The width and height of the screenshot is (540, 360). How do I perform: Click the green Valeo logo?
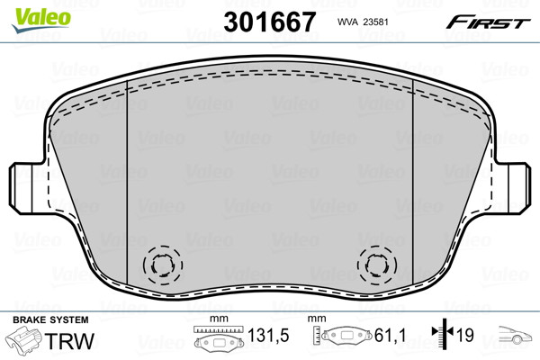pos(41,20)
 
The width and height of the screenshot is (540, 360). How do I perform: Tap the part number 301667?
pos(269,22)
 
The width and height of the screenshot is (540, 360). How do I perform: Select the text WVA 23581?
pos(363,22)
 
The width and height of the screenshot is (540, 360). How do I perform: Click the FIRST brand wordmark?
pos(488,22)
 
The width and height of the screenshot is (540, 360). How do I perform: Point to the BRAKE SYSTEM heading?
pos(50,319)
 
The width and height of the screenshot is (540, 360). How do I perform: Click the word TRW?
pos(69,341)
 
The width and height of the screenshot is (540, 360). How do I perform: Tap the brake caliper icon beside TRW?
pos(23,339)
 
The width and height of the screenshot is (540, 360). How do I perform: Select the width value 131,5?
pos(268,335)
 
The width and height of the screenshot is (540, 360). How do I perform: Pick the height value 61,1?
pos(391,335)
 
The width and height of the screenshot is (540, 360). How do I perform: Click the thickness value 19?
pos(465,335)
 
